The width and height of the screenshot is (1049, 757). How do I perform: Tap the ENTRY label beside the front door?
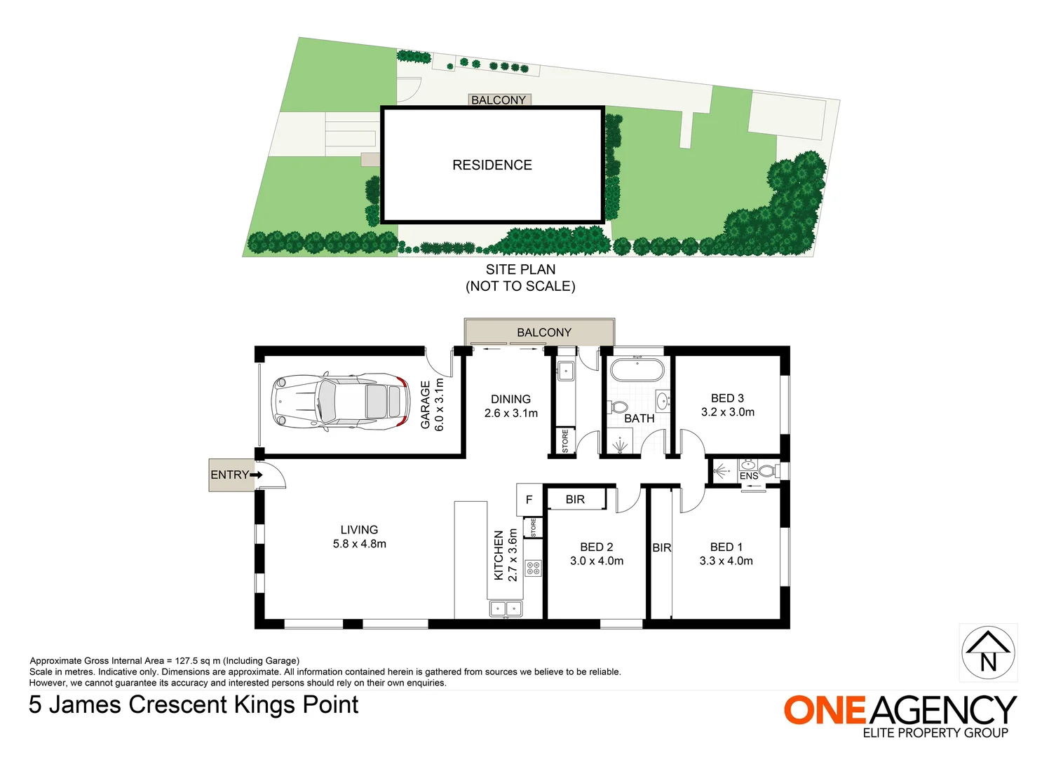click(229, 475)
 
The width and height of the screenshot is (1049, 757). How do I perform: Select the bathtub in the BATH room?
click(636, 369)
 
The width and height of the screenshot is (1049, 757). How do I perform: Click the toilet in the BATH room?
click(618, 407)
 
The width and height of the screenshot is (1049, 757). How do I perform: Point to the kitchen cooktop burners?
click(533, 568)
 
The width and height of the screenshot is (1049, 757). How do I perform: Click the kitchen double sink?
click(506, 608)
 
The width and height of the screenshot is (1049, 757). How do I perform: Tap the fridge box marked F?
click(529, 500)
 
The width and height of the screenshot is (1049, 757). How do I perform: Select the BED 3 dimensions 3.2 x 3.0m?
click(727, 412)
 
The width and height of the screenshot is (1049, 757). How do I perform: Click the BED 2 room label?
click(596, 547)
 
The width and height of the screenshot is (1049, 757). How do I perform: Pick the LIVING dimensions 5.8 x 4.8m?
click(359, 544)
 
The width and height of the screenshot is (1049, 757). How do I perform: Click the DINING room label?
click(510, 399)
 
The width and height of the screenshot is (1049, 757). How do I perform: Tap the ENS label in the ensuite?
click(748, 476)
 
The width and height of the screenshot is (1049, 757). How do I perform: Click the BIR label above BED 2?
click(575, 500)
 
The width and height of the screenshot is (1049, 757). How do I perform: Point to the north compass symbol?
click(988, 653)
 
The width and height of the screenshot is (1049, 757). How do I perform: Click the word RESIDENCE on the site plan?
click(492, 165)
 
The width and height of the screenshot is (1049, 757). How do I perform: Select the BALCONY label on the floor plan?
click(543, 332)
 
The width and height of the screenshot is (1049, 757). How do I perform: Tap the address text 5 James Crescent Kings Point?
click(194, 704)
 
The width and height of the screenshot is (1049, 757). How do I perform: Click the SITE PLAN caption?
click(520, 270)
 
